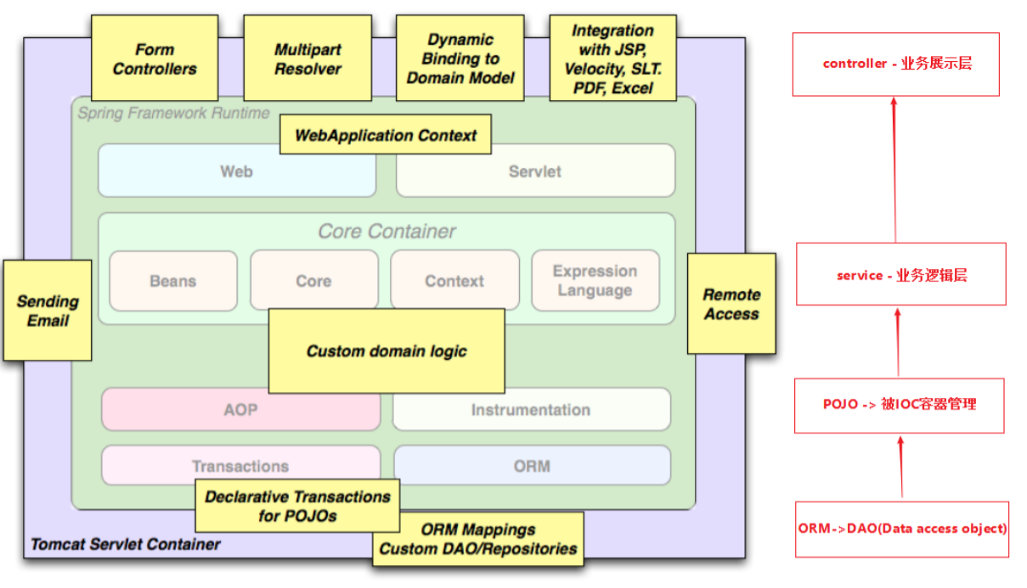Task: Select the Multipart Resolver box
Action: click(308, 59)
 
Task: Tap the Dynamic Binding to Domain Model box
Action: click(460, 59)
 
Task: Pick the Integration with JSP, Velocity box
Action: click(612, 59)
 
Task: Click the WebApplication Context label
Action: click(385, 135)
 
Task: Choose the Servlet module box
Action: click(535, 171)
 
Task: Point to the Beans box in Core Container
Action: click(173, 281)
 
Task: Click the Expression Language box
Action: click(595, 281)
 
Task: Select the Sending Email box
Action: click(48, 311)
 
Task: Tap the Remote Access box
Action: click(731, 304)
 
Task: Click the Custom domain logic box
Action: click(387, 350)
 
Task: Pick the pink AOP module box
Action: click(241, 410)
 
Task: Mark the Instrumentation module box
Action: click(531, 410)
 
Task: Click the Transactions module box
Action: click(241, 466)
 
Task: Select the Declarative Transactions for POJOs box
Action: click(297, 507)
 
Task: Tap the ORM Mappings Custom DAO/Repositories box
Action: click(478, 540)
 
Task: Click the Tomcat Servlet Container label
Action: click(126, 544)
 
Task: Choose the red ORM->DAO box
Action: click(902, 529)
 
